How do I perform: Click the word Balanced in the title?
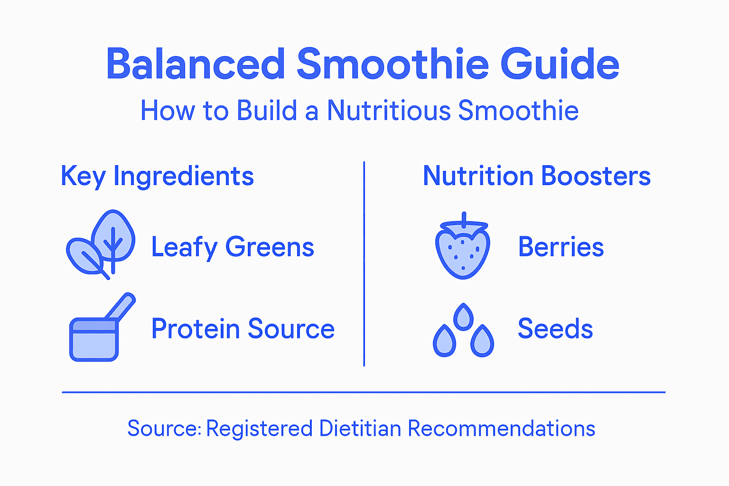tap(196, 64)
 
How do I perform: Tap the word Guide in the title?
tap(560, 64)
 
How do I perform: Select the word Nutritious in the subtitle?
tap(389, 111)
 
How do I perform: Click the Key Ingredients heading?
tap(157, 177)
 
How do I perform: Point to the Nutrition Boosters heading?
tap(536, 176)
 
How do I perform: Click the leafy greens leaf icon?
tap(101, 244)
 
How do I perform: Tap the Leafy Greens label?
tap(233, 247)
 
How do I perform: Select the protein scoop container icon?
tap(94, 338)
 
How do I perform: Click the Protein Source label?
tap(243, 329)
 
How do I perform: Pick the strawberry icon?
tap(462, 249)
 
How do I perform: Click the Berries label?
tap(561, 247)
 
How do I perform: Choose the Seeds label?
tap(555, 329)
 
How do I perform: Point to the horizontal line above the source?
tap(364, 393)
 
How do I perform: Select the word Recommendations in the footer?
tap(501, 429)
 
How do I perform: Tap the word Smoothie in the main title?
tap(393, 64)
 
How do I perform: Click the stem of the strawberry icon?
tap(464, 218)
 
